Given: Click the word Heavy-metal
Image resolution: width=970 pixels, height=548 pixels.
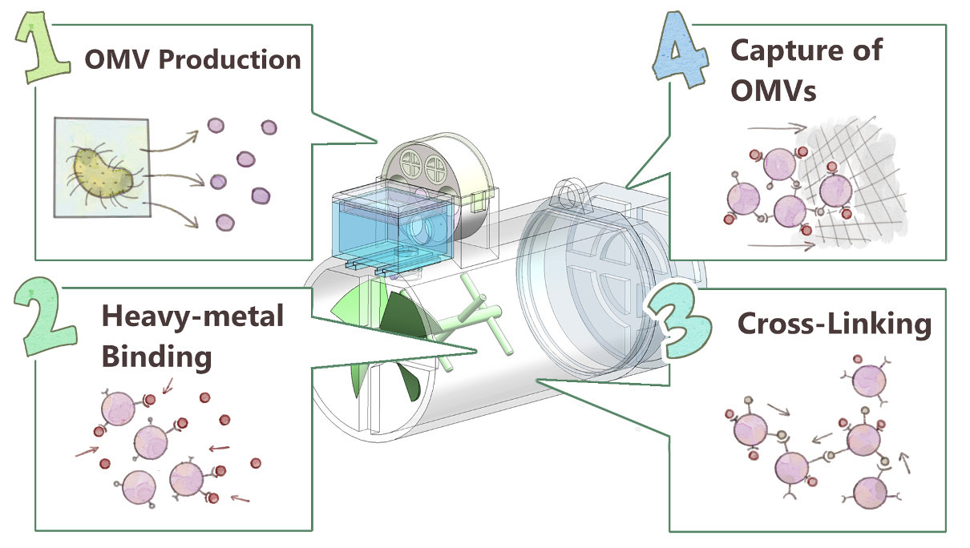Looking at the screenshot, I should (192, 316).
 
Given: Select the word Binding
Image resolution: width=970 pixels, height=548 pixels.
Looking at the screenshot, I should (156, 356).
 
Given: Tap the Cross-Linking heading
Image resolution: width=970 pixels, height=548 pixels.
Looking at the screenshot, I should (834, 324).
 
